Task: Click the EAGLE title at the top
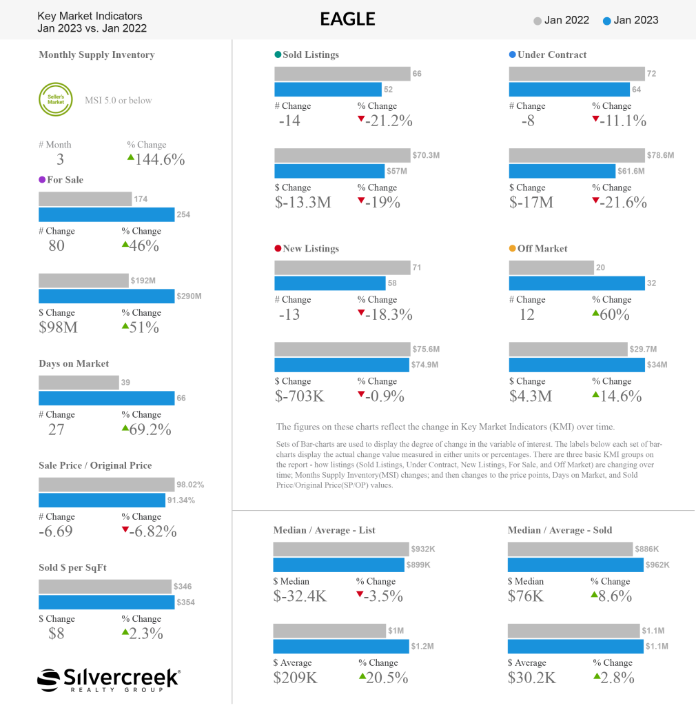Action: (x=347, y=19)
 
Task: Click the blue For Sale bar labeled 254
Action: (x=107, y=214)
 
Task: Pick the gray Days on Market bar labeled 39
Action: (x=79, y=382)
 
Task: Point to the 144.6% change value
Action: (x=156, y=160)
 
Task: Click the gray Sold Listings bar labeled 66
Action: (x=342, y=74)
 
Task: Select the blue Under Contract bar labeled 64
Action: (x=569, y=90)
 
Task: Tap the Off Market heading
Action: (x=542, y=248)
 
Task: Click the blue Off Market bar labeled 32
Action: (x=577, y=283)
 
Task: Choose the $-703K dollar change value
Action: (x=300, y=396)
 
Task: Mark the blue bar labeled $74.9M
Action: (x=341, y=365)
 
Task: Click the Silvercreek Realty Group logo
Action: (x=109, y=678)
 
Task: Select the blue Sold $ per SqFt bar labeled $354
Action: (x=107, y=602)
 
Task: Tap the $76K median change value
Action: (x=526, y=596)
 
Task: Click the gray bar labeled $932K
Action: (x=340, y=549)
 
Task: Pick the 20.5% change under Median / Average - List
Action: (x=383, y=678)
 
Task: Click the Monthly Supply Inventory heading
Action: (x=96, y=54)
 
